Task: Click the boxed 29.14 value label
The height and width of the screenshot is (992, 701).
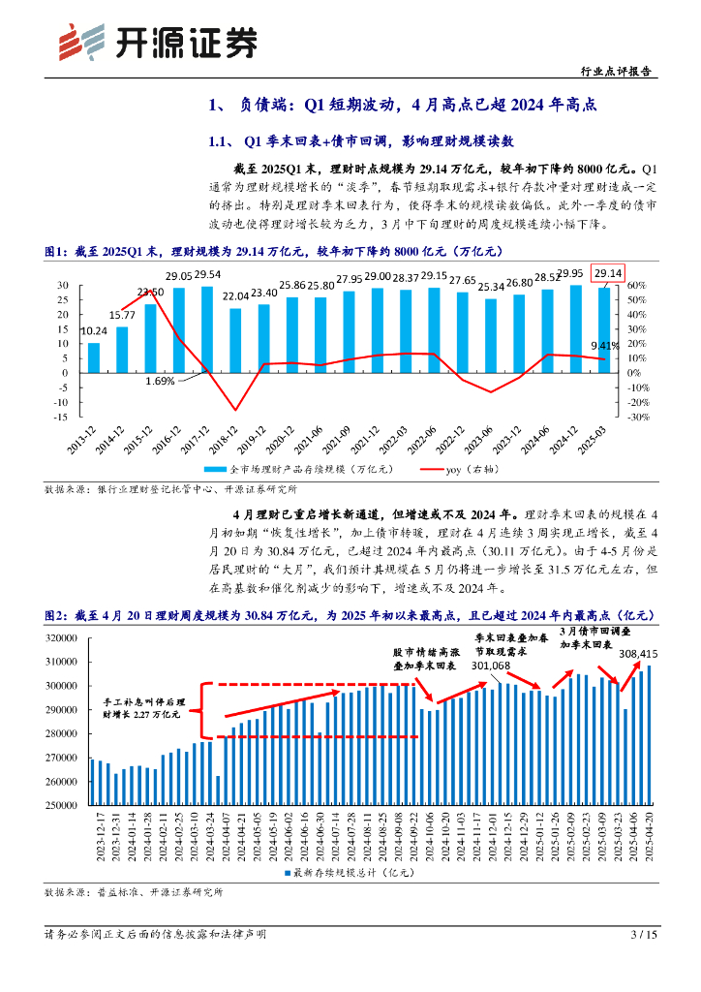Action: click(608, 273)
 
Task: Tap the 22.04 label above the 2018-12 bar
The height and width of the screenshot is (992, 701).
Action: click(235, 296)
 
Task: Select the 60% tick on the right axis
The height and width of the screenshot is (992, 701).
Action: click(635, 286)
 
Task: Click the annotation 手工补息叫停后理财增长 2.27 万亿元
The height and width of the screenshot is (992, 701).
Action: click(141, 706)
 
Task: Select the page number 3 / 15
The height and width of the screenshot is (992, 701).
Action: click(644, 935)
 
